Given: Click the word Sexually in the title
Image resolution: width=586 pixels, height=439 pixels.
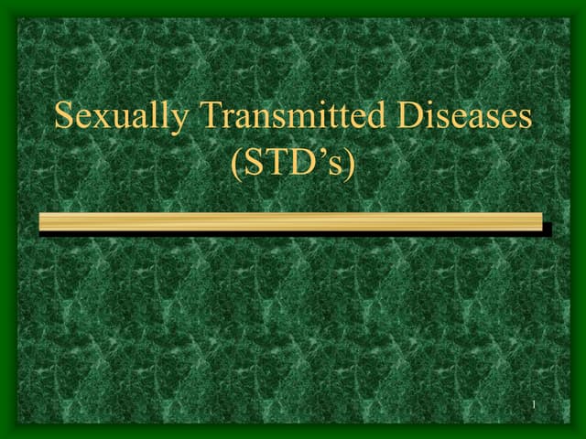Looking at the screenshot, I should click(x=122, y=118).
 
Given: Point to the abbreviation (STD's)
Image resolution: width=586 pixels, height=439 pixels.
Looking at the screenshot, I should click(x=293, y=166).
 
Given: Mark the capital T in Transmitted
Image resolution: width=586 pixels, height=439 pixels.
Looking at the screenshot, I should click(x=210, y=116).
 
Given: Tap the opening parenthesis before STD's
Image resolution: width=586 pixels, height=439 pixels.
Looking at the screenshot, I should click(x=238, y=166).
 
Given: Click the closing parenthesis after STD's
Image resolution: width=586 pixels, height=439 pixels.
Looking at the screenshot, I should click(x=349, y=166).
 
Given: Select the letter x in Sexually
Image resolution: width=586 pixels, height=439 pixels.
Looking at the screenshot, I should click(x=98, y=120).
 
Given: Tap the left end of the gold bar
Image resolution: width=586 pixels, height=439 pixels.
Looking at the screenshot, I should click(x=42, y=221).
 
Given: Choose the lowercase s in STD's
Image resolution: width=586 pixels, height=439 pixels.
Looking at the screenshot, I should click(x=334, y=169).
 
